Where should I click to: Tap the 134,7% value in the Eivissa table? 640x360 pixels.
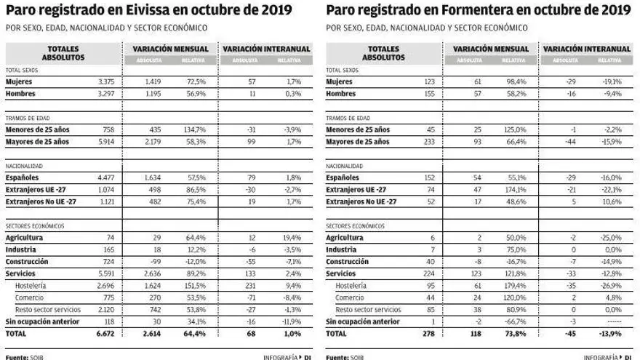(194, 129)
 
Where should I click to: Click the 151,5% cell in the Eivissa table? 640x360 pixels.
(194, 287)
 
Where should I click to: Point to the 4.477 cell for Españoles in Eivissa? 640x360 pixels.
(104, 177)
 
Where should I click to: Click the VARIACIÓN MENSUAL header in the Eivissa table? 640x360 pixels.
(171, 49)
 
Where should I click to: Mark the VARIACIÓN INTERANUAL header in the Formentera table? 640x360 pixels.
(586, 49)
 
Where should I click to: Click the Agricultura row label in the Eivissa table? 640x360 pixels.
(24, 238)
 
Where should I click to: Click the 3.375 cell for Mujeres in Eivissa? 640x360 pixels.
(105, 82)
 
